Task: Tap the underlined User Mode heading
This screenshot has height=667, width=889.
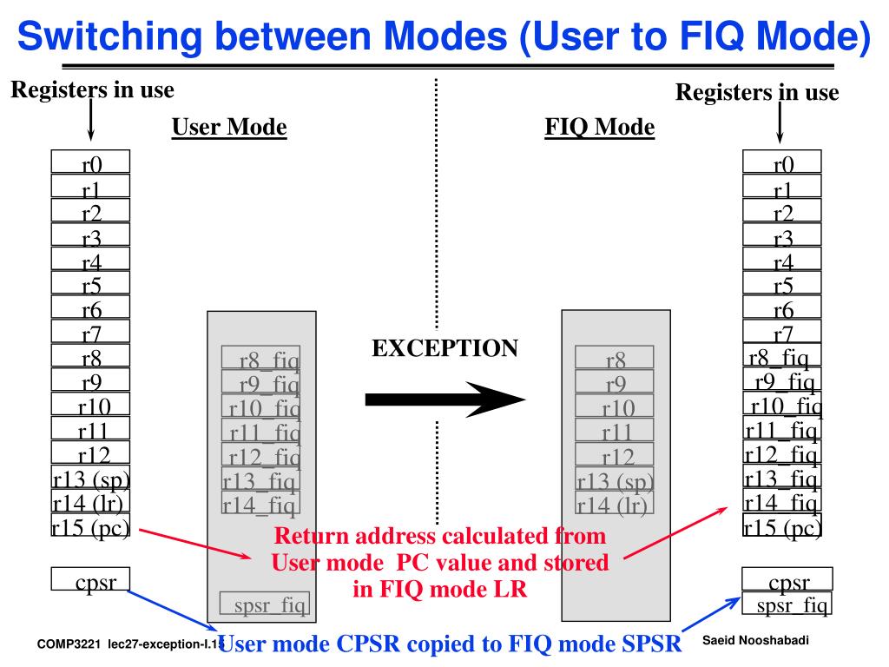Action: [x=229, y=128]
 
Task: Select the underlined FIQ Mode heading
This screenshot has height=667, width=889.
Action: [x=599, y=128]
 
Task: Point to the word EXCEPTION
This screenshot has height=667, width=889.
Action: [x=444, y=348]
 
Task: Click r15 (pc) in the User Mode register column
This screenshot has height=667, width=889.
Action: [x=90, y=526]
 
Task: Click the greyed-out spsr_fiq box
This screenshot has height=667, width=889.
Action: [x=264, y=604]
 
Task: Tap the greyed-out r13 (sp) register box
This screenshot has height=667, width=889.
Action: [x=615, y=479]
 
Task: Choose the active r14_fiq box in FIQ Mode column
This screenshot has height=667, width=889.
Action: [x=781, y=502]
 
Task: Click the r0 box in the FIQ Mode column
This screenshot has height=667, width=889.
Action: [x=782, y=162]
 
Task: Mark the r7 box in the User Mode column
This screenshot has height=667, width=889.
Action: [x=90, y=332]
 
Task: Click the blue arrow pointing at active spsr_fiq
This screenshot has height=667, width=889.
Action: [x=708, y=618]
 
